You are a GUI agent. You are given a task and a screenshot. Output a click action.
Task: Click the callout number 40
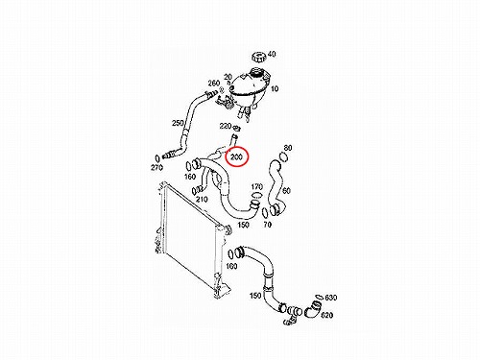click(272, 54)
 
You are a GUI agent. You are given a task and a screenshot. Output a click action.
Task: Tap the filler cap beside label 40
click(258, 58)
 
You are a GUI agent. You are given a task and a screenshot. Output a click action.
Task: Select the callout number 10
click(275, 88)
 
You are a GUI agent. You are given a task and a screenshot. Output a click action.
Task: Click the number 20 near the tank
click(228, 77)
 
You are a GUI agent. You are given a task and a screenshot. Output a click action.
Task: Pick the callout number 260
click(214, 84)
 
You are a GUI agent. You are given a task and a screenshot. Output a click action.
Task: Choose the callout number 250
click(178, 123)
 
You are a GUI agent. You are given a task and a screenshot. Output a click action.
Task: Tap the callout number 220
click(226, 126)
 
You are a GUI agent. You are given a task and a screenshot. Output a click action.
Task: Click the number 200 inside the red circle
click(236, 157)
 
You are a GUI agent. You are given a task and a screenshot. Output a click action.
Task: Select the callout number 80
click(288, 148)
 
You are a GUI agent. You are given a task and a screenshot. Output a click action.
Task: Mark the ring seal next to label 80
click(283, 157)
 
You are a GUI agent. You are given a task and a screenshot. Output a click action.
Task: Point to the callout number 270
click(156, 167)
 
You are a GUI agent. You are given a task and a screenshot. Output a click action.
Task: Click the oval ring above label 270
click(157, 157)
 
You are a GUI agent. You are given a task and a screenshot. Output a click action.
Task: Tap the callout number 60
click(286, 191)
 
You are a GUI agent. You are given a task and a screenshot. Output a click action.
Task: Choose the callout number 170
click(257, 186)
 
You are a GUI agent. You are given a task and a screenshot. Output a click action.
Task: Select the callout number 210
click(202, 200)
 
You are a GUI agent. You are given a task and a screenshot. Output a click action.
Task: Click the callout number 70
click(267, 225)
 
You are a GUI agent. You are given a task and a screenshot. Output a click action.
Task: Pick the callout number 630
click(331, 298)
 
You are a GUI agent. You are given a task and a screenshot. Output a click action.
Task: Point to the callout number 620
click(326, 315)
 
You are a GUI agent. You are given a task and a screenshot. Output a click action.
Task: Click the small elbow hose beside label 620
click(311, 310)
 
